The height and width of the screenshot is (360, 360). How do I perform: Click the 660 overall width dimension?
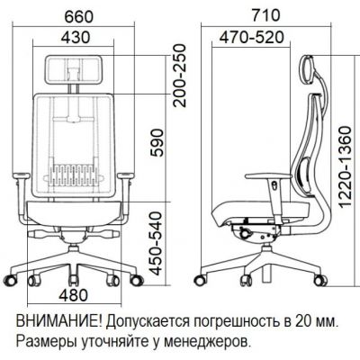79,16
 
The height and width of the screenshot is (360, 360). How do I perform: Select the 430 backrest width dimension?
76,37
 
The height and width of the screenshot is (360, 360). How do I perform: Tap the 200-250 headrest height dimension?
180,76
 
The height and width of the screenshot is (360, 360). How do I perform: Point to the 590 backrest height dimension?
157,143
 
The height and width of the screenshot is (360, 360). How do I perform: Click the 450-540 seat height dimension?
156,243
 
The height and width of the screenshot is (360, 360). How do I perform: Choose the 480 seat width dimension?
74,295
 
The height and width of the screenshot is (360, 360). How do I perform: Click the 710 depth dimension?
265,15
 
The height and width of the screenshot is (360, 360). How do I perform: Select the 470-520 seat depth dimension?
251,38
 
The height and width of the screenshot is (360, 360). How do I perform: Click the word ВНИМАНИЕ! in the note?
59,322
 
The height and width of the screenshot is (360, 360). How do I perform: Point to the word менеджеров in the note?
202,341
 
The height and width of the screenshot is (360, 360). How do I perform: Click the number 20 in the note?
303,322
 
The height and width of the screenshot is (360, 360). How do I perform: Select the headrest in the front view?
75,69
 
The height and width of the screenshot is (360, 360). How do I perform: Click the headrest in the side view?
307,68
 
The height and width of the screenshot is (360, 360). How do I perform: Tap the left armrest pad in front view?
21,175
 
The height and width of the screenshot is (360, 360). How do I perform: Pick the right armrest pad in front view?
125,175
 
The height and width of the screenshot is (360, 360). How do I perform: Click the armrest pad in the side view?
268,176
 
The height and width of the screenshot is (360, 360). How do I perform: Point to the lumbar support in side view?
306,175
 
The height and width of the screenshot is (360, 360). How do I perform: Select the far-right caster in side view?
319,280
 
